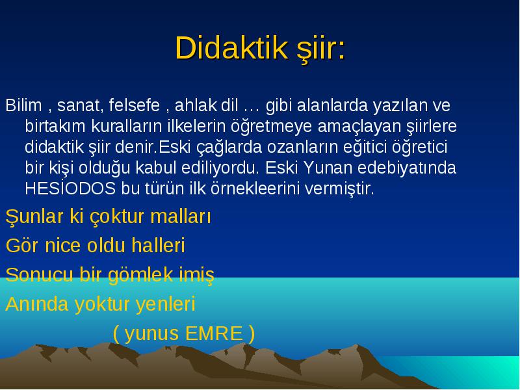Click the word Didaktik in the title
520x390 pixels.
coord(231,48)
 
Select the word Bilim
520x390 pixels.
coord(23,105)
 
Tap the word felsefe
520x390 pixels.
coord(135,105)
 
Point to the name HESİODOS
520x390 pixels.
coord(70,188)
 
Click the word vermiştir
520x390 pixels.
coord(339,188)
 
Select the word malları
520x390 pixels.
coord(181,216)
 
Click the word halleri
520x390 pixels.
coord(158,246)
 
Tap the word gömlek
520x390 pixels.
coord(141,275)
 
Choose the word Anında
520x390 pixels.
coord(37,304)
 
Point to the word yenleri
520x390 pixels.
coord(166,304)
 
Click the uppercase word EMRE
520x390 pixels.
coord(214,333)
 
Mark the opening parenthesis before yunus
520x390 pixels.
coord(116,334)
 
